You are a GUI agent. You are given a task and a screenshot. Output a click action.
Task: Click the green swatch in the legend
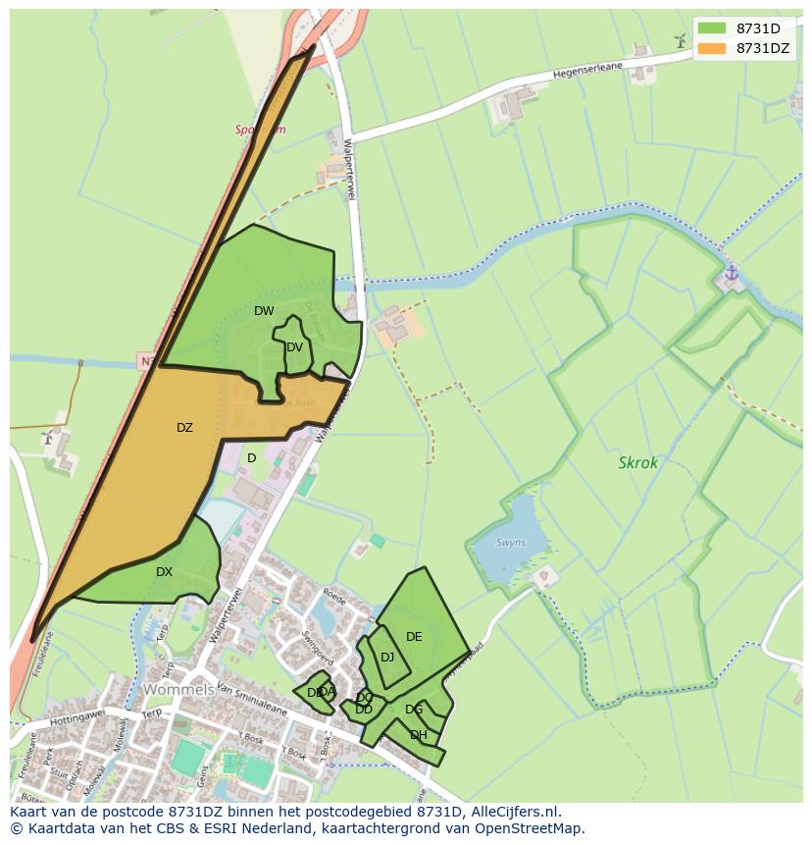(712, 27)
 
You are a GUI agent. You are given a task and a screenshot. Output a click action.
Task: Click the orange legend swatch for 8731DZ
(712, 48)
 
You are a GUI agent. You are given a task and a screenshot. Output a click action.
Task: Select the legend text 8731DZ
(762, 48)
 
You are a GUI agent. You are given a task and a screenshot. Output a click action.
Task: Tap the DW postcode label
(264, 311)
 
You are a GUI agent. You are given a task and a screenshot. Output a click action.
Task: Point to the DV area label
(294, 346)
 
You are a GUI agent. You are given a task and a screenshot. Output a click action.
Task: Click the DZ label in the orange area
(184, 427)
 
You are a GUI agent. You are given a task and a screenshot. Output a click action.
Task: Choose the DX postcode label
(164, 571)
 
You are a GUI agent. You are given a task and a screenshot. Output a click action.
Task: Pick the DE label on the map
(414, 637)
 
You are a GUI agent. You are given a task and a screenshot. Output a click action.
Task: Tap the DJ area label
(387, 657)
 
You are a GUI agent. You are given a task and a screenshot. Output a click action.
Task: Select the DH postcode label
(419, 735)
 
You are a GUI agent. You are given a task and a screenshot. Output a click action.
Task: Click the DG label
(414, 710)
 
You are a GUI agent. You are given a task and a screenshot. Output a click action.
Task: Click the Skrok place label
(638, 462)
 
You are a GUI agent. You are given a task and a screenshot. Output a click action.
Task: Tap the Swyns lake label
(510, 543)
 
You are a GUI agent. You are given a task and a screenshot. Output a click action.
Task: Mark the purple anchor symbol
(731, 272)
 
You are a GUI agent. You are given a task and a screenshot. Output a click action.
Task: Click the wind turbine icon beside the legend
(679, 40)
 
